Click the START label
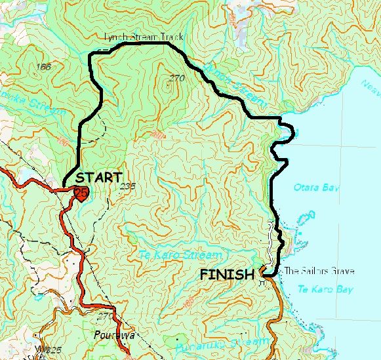point(99,177)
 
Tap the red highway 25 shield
point(81,193)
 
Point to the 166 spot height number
point(45,67)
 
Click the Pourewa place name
point(115,335)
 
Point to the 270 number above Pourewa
point(104,316)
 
